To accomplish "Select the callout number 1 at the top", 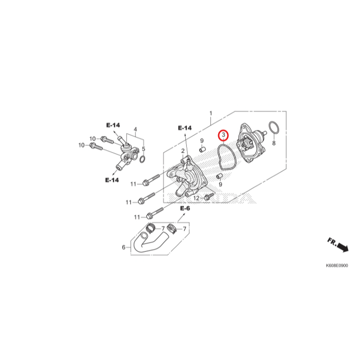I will pyautogui.click(x=211, y=113).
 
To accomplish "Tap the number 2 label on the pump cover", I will pyautogui.click(x=182, y=151).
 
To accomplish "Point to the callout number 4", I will pyautogui.click(x=135, y=130).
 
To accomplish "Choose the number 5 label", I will pyautogui.click(x=143, y=149).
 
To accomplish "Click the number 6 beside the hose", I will pyautogui.click(x=124, y=247).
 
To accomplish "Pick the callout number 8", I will pyautogui.click(x=274, y=143).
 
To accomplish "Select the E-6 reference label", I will pyautogui.click(x=184, y=209).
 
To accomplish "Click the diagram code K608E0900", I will pyautogui.click(x=337, y=266).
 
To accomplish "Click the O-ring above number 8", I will pyautogui.click(x=274, y=128).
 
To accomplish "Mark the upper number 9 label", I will pyautogui.click(x=201, y=141).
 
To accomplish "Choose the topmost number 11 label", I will pyautogui.click(x=133, y=184).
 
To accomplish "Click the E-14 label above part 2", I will pyautogui.click(x=184, y=128).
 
